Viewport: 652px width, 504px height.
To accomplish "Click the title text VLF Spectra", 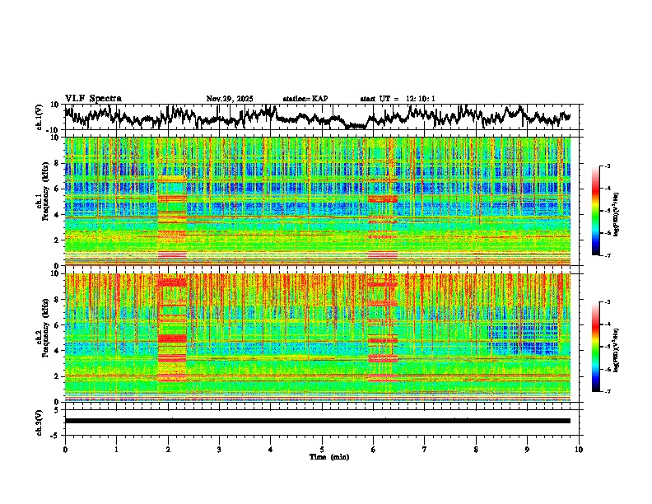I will [93, 99].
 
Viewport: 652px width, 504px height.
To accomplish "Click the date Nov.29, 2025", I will [230, 99].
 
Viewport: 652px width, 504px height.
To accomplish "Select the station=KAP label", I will [305, 99].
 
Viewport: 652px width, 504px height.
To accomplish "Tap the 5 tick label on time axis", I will [322, 449].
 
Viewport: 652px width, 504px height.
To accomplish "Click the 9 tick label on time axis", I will [528, 449].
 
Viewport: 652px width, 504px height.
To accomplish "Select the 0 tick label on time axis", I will [65, 449].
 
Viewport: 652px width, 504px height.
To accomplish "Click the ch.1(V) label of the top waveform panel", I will [40, 117].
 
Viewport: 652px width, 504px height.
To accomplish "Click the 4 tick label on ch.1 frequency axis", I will [57, 214].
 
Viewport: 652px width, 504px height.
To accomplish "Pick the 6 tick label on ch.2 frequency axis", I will [57, 324].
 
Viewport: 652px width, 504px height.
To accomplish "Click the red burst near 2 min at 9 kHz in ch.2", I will [172, 282].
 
